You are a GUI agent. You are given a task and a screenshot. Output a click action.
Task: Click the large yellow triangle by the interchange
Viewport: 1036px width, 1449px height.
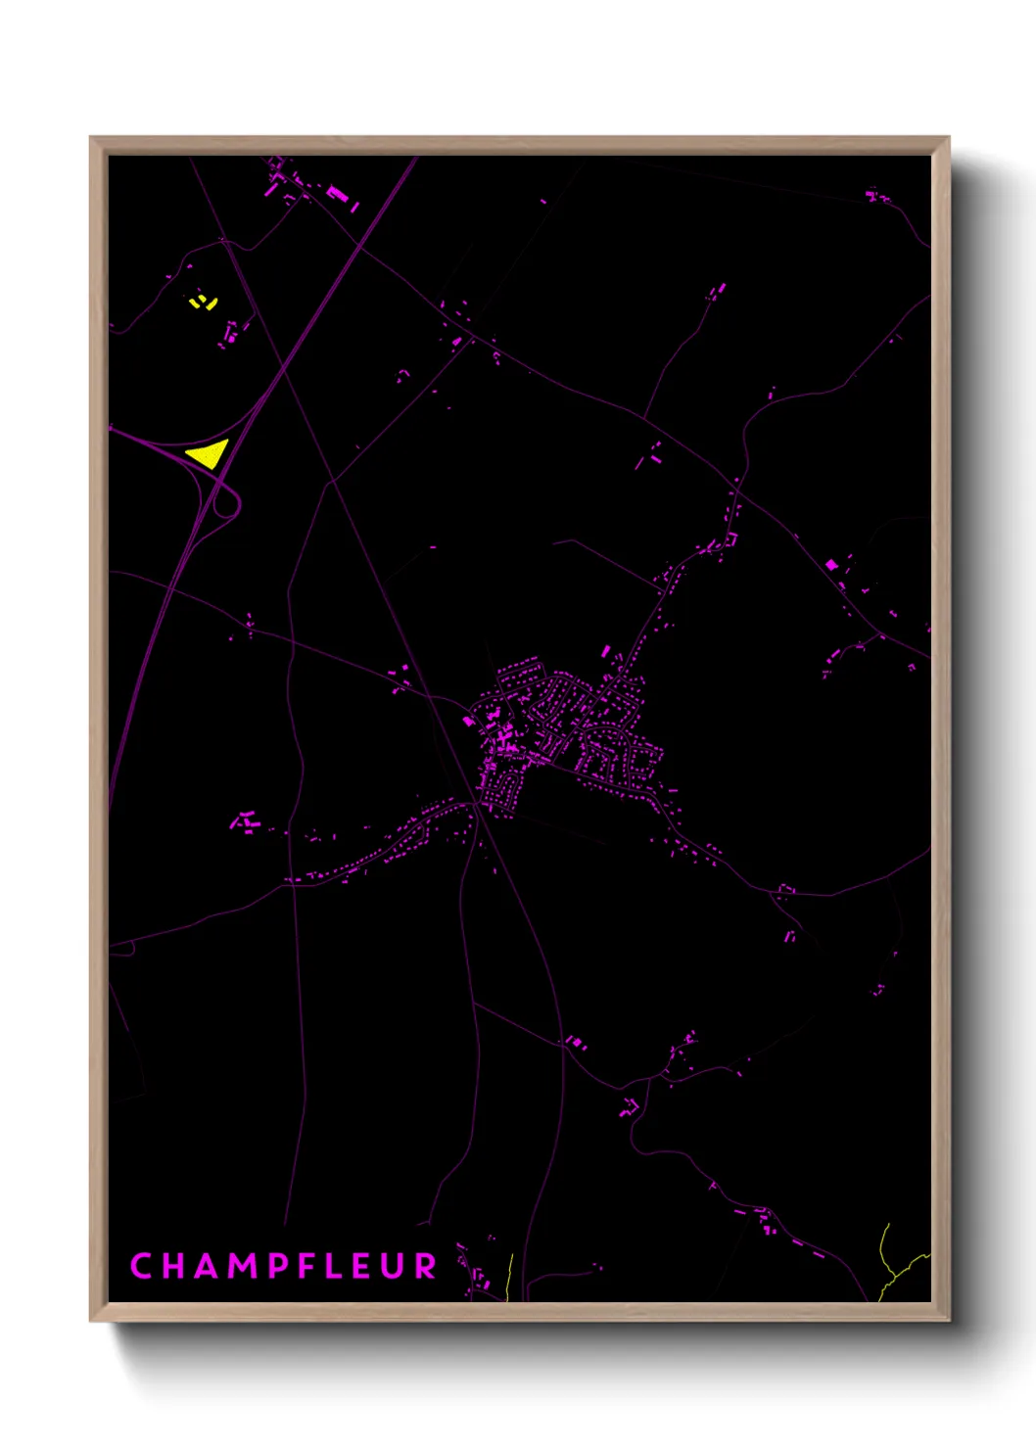point(210,453)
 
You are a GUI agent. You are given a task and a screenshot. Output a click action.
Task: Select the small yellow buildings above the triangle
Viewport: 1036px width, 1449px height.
point(203,302)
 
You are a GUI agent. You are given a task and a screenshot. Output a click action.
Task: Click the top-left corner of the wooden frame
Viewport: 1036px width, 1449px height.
point(92,139)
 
